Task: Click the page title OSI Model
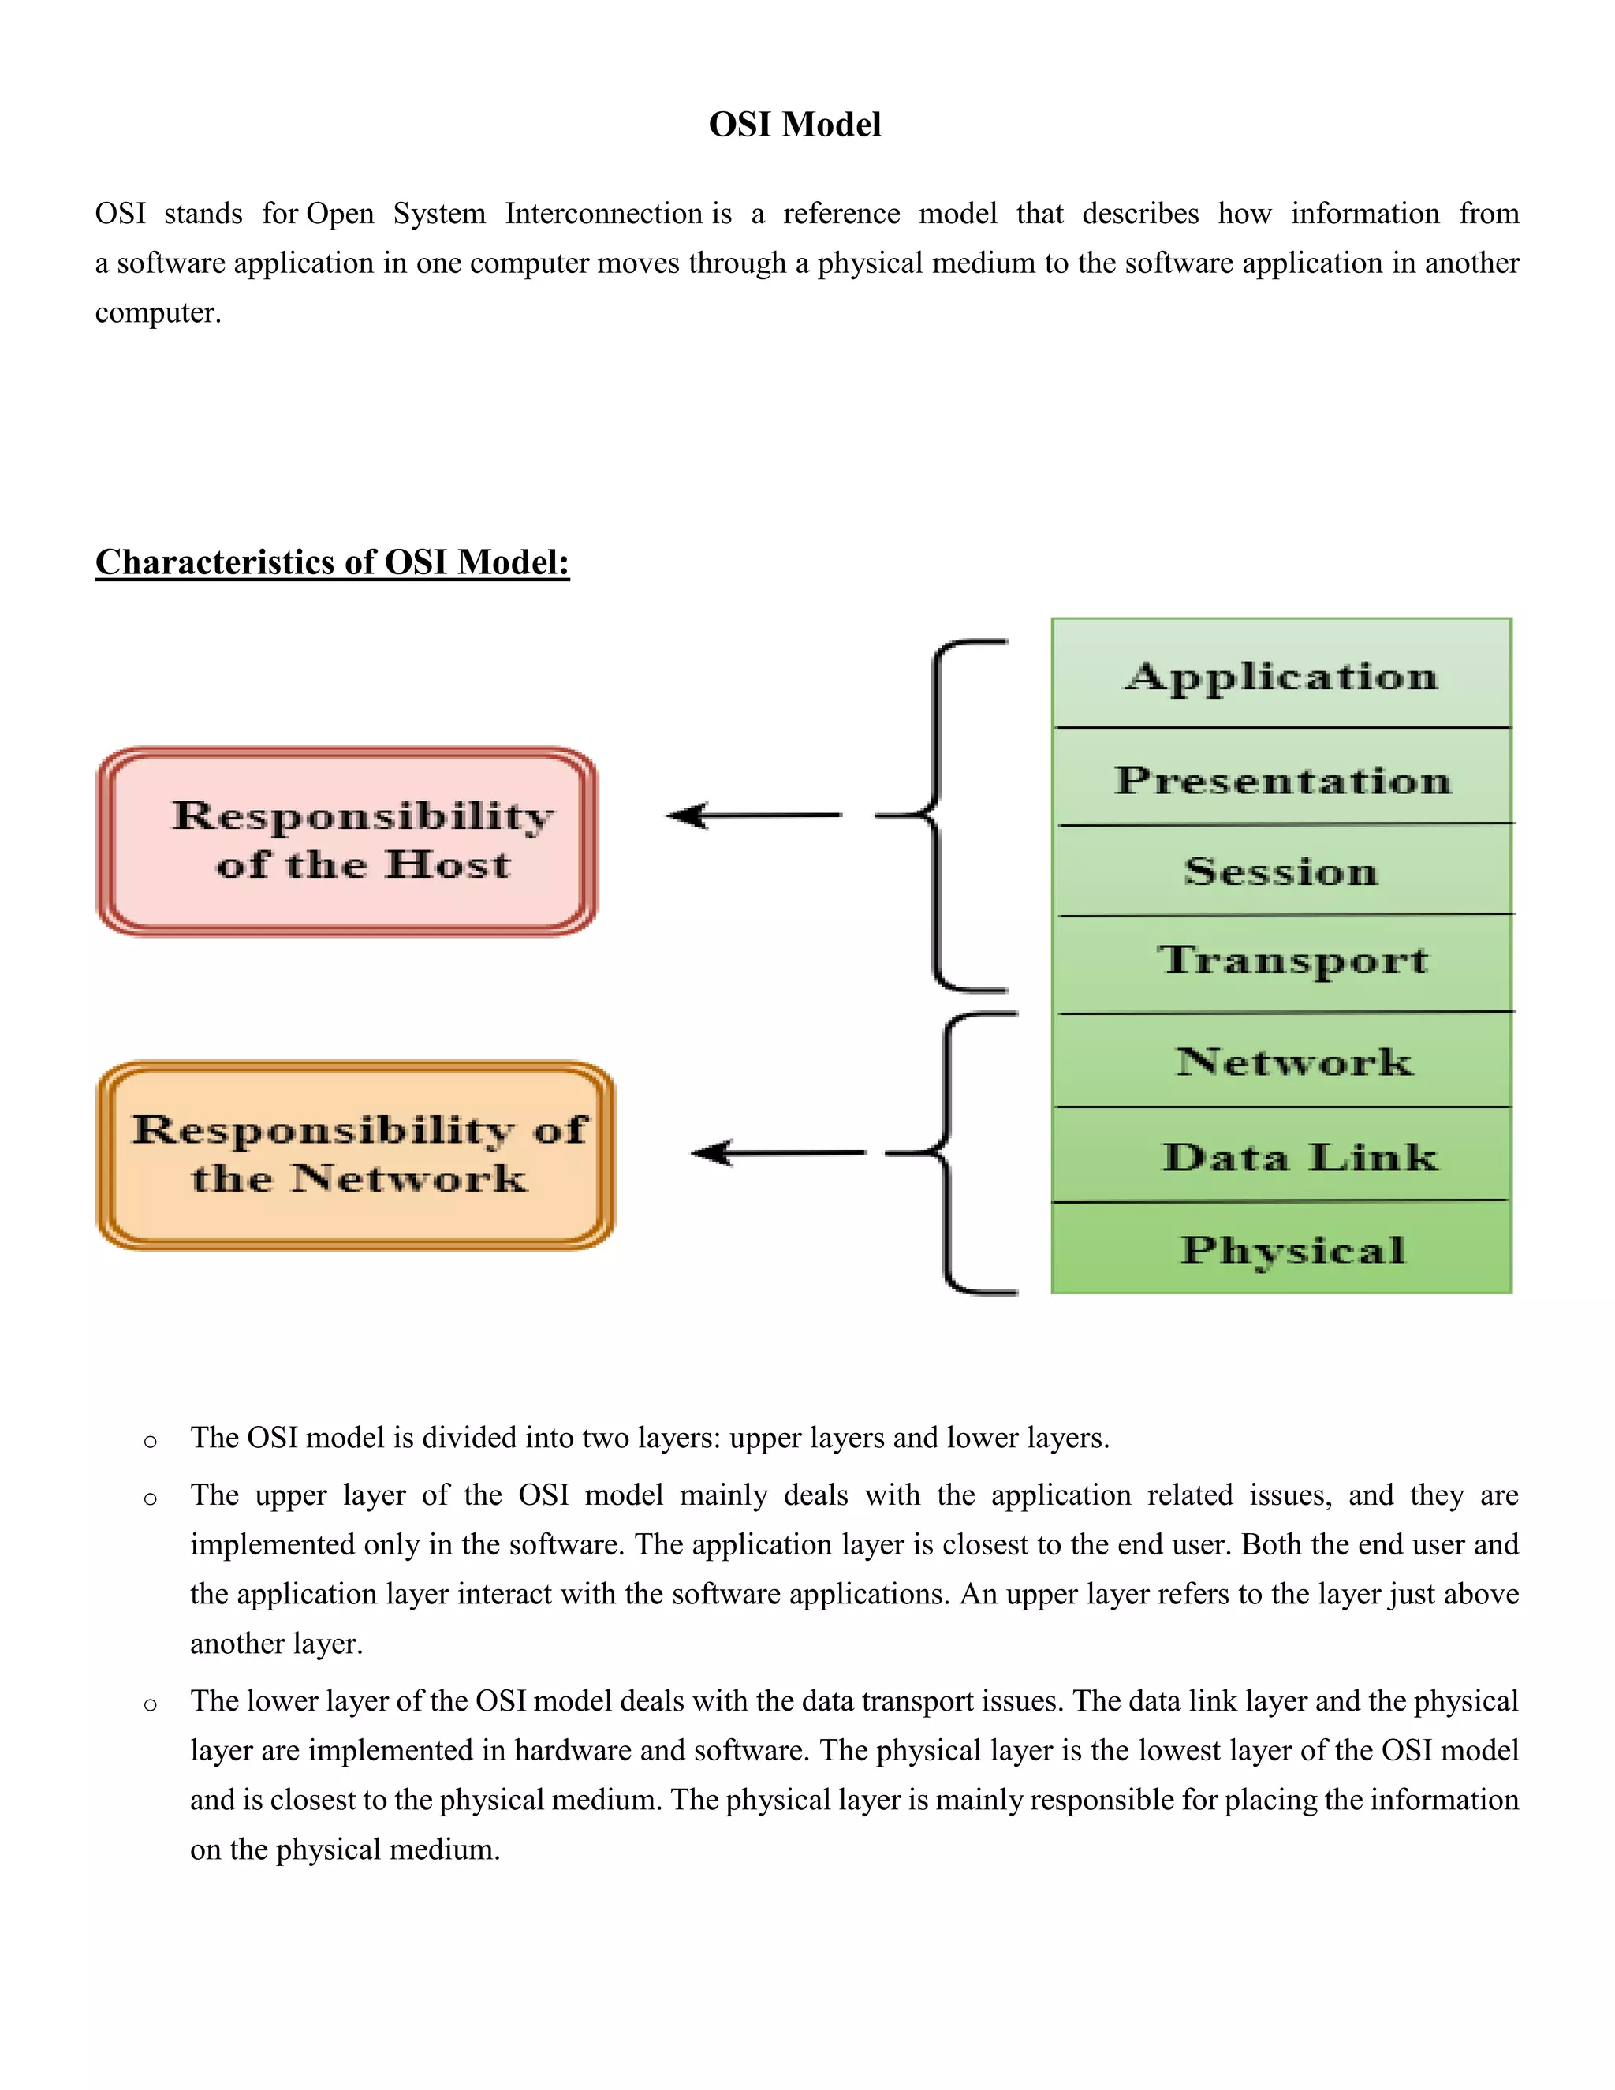[x=794, y=125]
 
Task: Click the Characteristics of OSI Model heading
[x=332, y=562]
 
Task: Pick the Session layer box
[x=1282, y=870]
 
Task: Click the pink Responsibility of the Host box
[x=347, y=842]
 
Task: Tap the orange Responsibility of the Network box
[x=356, y=1154]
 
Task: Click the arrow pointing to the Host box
[x=753, y=815]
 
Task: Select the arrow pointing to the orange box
[x=778, y=1152]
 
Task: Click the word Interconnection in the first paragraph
[x=604, y=214]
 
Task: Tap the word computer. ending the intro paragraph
[x=158, y=313]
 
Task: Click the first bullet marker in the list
[x=150, y=1441]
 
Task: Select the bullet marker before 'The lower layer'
[x=150, y=1704]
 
